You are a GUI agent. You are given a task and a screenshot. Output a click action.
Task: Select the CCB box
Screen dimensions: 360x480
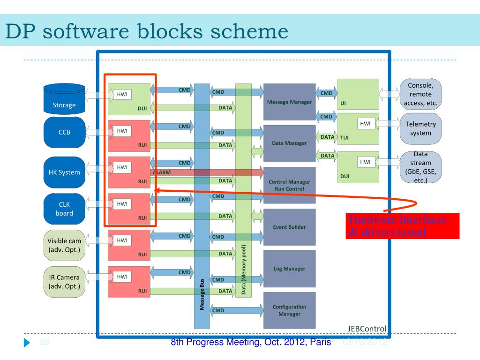64,132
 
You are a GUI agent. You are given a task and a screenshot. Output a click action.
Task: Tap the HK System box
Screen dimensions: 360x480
64,172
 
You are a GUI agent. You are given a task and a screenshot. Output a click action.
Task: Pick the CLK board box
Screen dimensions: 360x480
64,208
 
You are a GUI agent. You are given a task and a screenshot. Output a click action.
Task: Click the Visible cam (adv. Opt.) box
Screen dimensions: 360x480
64,245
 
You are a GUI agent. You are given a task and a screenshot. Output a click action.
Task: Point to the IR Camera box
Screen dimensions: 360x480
64,281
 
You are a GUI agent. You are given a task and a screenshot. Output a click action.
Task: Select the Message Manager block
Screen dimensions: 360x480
289,102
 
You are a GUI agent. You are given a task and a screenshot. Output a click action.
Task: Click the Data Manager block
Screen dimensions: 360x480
289,143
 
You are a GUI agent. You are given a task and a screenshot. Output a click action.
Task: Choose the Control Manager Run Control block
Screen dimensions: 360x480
289,185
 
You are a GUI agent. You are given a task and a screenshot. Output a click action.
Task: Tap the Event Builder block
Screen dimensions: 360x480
289,227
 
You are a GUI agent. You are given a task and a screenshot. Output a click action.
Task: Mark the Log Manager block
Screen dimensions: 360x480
289,269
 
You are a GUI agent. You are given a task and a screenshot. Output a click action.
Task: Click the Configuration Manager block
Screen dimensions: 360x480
289,310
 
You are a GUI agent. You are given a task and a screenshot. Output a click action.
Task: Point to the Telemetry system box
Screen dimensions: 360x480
420,128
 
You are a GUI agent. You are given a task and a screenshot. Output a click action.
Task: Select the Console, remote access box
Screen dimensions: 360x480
420,94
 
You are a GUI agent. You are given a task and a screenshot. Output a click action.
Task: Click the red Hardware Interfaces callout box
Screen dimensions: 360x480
402,226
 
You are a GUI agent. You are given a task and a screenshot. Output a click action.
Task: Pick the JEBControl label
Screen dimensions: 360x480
367,329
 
